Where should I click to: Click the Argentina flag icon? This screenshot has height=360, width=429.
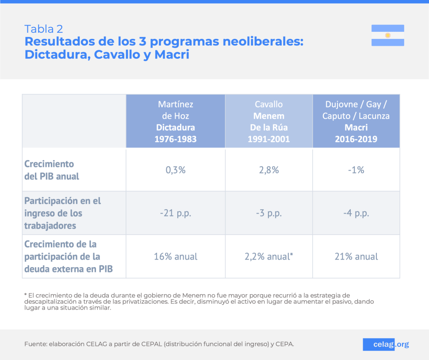387,35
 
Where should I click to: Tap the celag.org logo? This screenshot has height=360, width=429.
386,344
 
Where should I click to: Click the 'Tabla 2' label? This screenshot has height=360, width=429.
43,29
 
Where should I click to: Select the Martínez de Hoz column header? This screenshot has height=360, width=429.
175,121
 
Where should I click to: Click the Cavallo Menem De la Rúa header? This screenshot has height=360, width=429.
268,121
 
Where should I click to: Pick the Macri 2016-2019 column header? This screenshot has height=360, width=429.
356,121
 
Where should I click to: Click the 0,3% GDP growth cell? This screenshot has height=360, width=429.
175,170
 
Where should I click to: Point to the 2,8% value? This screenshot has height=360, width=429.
268,170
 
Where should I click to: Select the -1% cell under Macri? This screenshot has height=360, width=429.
356,170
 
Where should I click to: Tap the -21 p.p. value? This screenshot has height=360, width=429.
175,213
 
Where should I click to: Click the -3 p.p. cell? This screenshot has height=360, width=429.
268,213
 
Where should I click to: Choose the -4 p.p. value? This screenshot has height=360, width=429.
356,213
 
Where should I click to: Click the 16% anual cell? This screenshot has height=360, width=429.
175,257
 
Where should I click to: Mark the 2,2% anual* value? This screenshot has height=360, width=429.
268,257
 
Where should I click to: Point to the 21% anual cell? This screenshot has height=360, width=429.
356,257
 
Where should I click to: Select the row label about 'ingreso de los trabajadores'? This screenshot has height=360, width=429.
62,213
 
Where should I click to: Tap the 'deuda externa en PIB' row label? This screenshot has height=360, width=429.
68,257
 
